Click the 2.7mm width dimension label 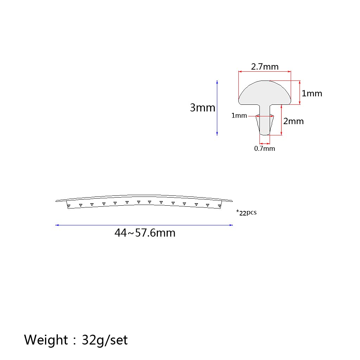[265, 66]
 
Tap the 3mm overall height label [202, 108]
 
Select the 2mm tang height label [294, 121]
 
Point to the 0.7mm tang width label [264, 149]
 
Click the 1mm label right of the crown [312, 94]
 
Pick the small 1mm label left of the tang [239, 115]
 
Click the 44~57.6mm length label [145, 233]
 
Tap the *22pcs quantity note [246, 212]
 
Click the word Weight [46, 340]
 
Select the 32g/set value [105, 340]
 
